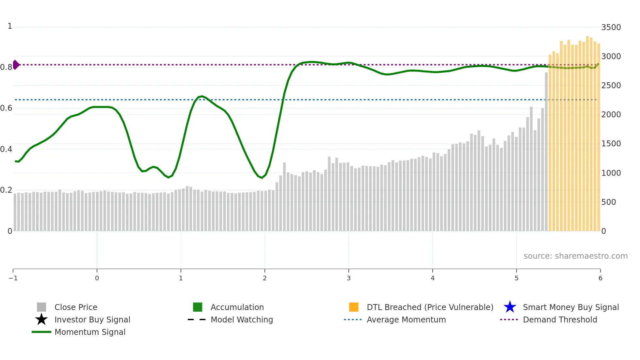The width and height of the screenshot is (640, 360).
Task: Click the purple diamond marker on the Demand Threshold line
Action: [x=16, y=65]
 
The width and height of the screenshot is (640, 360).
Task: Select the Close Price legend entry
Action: [x=75, y=307]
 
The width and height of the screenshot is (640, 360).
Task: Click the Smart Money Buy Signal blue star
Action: [x=510, y=307]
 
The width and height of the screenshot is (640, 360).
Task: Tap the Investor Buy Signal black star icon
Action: [x=41, y=319]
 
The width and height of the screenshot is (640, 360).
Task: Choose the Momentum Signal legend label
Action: [x=90, y=332]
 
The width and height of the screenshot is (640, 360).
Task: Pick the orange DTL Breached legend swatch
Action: [x=354, y=307]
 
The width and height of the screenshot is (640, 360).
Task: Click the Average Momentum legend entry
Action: [x=406, y=319]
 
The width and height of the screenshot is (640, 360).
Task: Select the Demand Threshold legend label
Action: [x=560, y=319]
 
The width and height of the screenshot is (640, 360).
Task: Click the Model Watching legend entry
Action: [x=242, y=319]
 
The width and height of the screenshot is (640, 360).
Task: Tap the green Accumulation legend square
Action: [x=198, y=307]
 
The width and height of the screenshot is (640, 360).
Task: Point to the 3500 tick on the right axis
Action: [x=611, y=27]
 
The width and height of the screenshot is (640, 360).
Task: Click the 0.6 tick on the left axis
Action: [x=6, y=108]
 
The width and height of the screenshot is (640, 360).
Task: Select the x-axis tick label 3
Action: [x=349, y=278]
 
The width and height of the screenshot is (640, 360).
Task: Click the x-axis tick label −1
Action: [x=13, y=278]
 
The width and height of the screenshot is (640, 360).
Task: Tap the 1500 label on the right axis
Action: [x=611, y=143]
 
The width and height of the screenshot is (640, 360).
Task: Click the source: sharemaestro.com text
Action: [x=575, y=256]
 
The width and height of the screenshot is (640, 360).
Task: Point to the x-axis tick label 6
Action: [x=600, y=278]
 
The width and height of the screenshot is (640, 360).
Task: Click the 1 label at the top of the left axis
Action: [x=10, y=26]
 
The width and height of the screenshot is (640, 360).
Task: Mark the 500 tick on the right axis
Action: [x=608, y=202]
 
